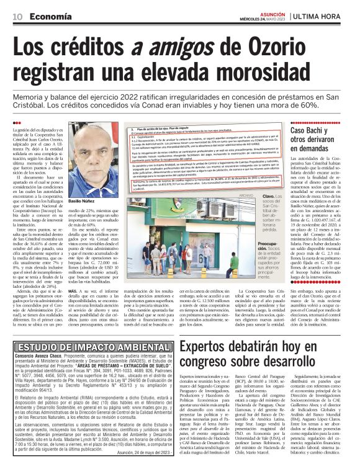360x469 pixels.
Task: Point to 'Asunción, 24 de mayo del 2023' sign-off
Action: click(x=140, y=453)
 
